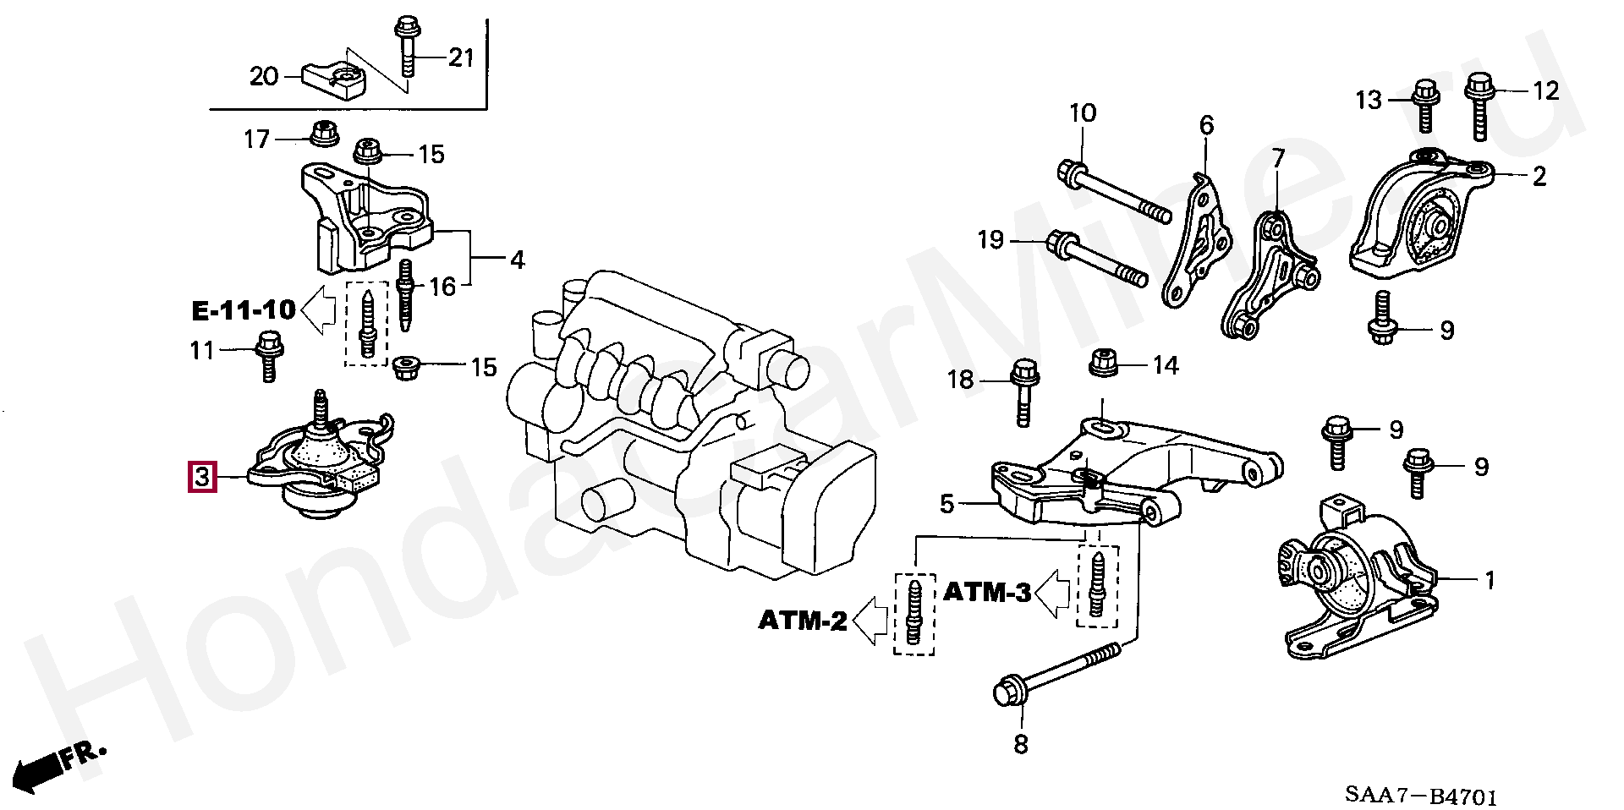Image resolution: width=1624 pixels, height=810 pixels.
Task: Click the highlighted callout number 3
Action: click(202, 477)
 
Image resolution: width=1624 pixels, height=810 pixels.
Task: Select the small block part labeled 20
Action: click(333, 82)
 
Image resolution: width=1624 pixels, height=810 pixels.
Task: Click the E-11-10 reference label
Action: click(244, 310)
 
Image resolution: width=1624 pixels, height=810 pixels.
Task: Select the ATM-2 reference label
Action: click(803, 621)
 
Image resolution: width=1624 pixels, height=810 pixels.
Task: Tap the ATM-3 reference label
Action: click(987, 593)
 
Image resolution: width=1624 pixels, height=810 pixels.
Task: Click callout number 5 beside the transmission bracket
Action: click(946, 505)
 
